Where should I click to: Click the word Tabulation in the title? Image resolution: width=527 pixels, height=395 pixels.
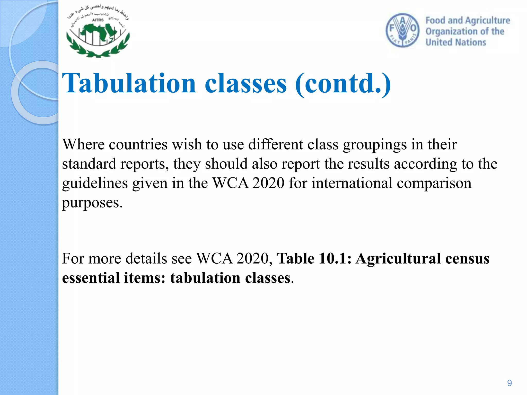coord(129,83)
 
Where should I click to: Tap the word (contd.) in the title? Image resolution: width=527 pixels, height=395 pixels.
coord(343,84)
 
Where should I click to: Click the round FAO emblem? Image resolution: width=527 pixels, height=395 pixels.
coord(402,30)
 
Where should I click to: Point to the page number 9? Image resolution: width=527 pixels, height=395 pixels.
coord(509,383)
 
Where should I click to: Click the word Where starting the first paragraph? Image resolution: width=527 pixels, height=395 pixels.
coord(83,144)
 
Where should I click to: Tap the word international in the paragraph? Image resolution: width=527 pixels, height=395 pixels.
coord(352,183)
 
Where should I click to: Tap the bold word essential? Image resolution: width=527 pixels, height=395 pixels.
coord(91,278)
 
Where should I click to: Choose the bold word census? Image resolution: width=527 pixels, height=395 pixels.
coord(467,258)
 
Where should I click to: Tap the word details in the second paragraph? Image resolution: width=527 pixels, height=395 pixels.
coord(146,258)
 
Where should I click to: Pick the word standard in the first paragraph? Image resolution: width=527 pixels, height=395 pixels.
coord(89,164)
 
